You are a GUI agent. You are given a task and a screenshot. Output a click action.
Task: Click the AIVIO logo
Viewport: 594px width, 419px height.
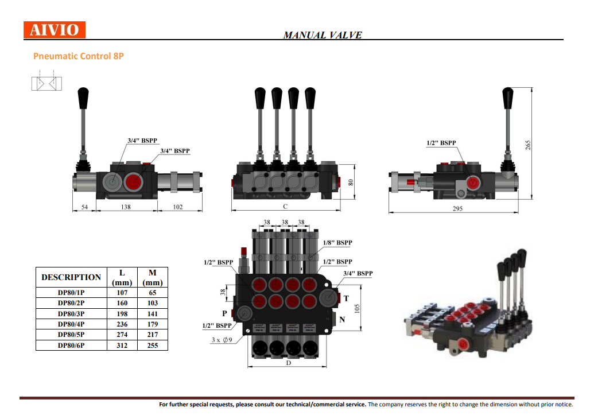pos(55,30)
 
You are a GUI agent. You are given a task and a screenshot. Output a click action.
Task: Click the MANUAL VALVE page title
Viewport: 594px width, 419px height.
pos(323,35)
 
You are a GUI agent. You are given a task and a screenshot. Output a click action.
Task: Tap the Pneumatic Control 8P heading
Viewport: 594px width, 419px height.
pos(79,56)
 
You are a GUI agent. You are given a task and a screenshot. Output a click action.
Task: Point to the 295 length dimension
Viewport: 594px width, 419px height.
pos(457,208)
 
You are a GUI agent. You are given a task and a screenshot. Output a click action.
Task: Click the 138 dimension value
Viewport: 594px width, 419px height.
pos(126,207)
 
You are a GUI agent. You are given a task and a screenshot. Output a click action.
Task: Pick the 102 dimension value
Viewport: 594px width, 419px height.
pos(178,207)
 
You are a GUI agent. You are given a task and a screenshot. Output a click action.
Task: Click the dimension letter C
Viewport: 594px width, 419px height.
pos(285,206)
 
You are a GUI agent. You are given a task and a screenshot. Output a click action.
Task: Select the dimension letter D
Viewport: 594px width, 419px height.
pos(288,363)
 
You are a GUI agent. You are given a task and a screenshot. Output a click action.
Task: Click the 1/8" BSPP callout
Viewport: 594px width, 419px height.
pos(337,243)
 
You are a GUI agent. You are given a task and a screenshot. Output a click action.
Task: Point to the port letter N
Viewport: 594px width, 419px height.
pos(342,319)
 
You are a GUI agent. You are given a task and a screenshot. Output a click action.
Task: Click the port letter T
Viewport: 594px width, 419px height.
pos(345,298)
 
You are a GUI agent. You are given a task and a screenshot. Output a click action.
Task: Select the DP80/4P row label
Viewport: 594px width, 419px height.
pos(71,324)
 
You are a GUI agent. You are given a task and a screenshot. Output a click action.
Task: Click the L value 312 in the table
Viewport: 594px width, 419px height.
pos(122,346)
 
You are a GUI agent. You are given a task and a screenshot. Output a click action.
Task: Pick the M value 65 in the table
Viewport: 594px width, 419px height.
pos(153,293)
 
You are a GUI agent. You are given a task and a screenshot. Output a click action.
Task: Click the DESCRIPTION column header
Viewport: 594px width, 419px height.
pos(71,277)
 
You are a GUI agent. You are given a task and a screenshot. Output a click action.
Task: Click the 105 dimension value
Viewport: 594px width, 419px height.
pos(357,309)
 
